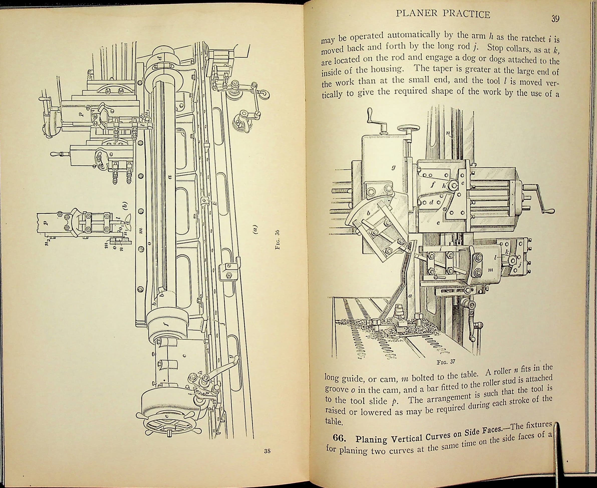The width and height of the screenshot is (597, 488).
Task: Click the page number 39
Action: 555,19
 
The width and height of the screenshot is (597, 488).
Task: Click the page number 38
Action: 267,451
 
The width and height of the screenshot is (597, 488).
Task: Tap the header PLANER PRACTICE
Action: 443,14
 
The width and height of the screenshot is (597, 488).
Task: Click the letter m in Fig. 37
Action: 491,270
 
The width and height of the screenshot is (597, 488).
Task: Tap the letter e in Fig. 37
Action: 438,223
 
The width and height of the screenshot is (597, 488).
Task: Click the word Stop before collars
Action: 496,48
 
